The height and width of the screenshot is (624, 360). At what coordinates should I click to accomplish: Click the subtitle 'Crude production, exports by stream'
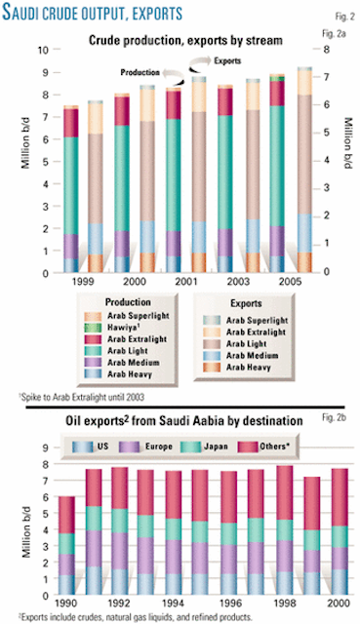pos(180,40)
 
